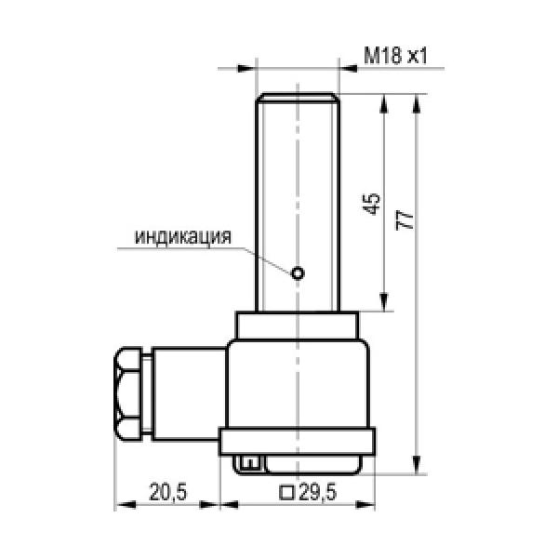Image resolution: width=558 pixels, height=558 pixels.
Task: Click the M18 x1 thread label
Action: pos(395,56)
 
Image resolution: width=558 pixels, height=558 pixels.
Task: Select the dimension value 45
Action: pos(373,204)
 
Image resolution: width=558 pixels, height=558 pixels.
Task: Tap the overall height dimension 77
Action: pos(405,219)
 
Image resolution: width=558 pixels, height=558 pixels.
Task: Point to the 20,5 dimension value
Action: pos(168,492)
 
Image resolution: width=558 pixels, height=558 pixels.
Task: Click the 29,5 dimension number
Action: pos(318,493)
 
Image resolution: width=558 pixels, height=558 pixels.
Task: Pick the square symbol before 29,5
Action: pos(286,493)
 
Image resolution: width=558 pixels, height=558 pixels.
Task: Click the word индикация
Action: pos(183,236)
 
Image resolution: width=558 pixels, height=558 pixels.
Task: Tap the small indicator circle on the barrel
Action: pos(298,273)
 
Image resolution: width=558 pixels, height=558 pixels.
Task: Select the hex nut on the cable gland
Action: pos(128,394)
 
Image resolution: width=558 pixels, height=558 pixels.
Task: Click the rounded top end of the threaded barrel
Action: pos(298,97)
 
